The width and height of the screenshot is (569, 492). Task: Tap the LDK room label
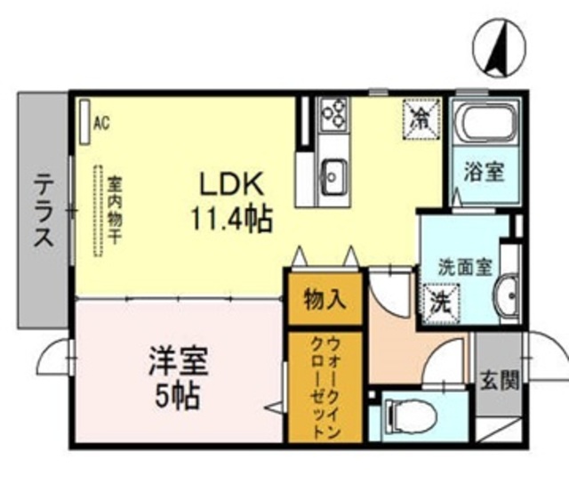tap(229, 184)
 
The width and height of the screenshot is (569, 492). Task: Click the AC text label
tap(101, 123)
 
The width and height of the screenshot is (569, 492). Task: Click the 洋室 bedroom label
tap(177, 364)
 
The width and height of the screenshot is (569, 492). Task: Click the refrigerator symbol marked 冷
tap(421, 119)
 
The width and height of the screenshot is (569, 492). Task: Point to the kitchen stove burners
tap(335, 113)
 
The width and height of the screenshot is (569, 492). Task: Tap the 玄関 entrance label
tap(499, 380)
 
